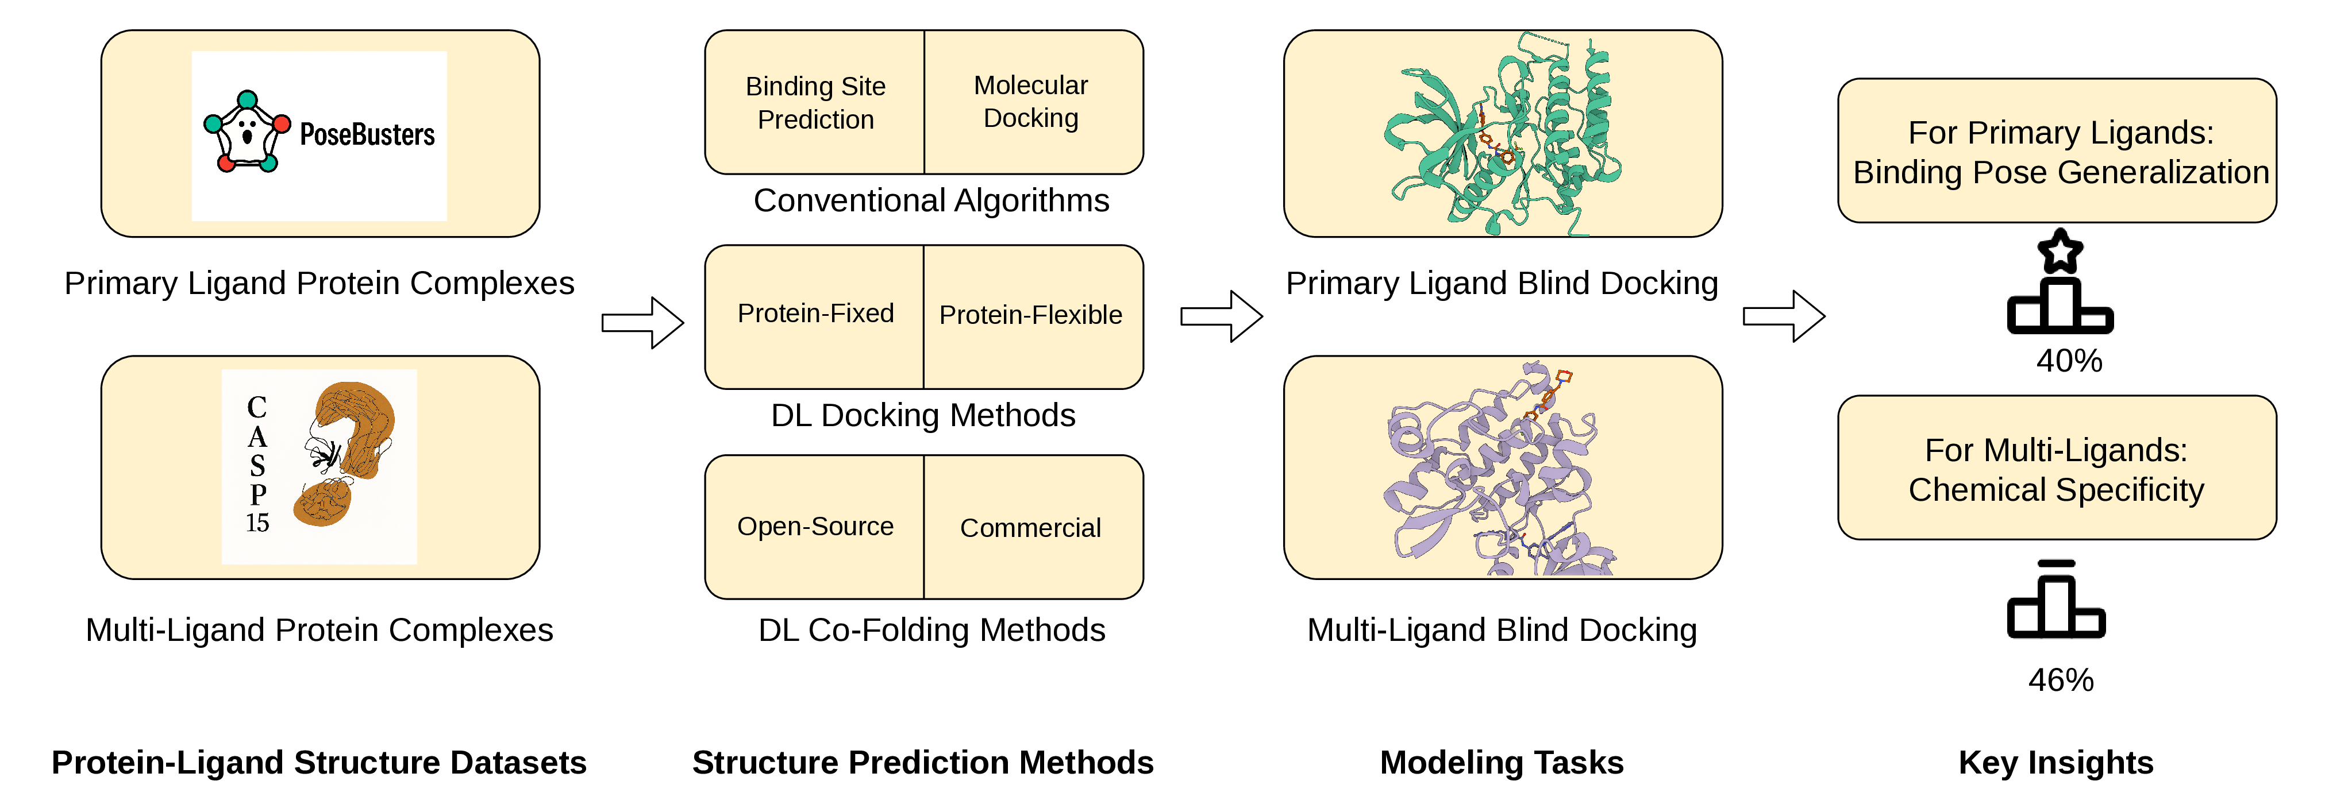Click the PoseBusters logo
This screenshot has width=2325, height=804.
(320, 136)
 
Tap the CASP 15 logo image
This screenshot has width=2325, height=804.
(320, 466)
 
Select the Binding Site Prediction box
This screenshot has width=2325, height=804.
(815, 102)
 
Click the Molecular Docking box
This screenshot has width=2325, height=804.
(1033, 102)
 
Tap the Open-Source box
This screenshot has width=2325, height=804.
(815, 527)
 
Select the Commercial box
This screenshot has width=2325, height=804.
(1033, 527)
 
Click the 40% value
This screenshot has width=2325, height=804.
(2069, 361)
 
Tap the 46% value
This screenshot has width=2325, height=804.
(2061, 679)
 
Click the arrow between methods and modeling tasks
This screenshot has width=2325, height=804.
(1221, 316)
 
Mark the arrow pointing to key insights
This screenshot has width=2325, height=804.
(1784, 316)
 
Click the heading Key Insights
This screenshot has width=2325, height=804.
(2056, 763)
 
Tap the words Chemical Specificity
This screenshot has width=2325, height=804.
(2056, 490)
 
